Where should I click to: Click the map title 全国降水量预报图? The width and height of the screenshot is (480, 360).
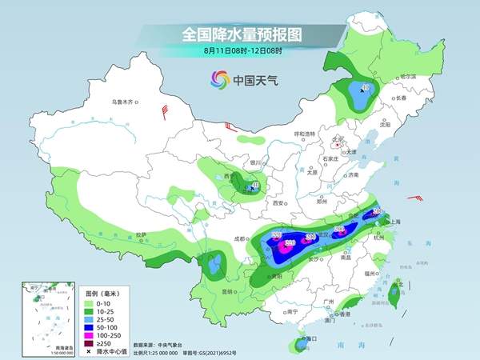pos(239,34)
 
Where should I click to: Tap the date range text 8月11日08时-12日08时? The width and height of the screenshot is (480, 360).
pos(239,51)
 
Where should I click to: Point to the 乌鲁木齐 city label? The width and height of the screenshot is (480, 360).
pos(124,102)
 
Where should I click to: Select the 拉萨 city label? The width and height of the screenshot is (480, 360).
pos(141,234)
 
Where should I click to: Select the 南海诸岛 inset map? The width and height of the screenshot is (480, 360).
pos(39,317)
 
